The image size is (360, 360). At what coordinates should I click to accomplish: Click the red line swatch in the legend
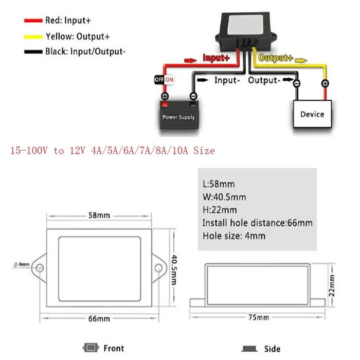click(x=33, y=21)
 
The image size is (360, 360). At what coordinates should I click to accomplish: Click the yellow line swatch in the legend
click(x=33, y=37)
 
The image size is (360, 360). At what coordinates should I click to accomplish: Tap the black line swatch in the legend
click(x=33, y=52)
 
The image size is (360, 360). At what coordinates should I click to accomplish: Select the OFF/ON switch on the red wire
click(x=165, y=80)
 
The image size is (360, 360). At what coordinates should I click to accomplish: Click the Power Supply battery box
click(x=179, y=115)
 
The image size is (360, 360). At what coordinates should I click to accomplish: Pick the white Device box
click(x=312, y=114)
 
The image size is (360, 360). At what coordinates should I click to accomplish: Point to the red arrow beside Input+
click(x=191, y=60)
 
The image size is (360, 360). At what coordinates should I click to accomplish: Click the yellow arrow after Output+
click(x=301, y=60)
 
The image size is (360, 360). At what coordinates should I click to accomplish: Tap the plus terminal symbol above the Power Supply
click(x=165, y=96)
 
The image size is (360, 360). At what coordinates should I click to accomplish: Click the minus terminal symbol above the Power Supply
click(x=193, y=96)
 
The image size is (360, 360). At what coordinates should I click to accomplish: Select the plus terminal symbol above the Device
click(x=325, y=83)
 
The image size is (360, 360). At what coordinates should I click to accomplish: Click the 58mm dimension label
click(x=99, y=215)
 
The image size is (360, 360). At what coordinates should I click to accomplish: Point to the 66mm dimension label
click(x=99, y=319)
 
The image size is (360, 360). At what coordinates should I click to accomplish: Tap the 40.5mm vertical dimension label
click(x=174, y=269)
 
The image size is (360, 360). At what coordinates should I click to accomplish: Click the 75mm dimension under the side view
click(x=259, y=317)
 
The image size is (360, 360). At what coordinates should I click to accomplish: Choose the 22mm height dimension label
click(x=332, y=285)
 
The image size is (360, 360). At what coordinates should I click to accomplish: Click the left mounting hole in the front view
click(x=40, y=268)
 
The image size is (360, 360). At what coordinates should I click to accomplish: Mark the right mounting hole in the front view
click(x=158, y=268)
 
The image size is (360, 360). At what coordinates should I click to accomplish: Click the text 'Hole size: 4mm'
click(x=233, y=236)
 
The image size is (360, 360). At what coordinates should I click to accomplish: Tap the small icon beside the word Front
click(x=91, y=348)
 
